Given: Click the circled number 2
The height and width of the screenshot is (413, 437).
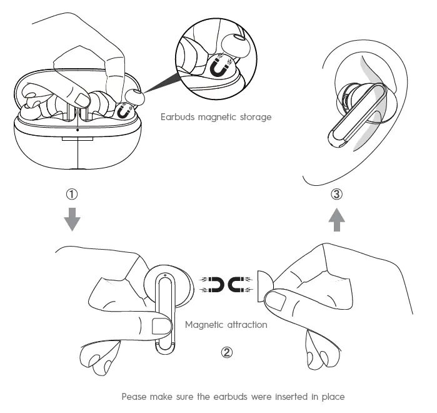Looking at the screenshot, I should tap(227, 352).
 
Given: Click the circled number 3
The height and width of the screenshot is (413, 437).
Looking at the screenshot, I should tap(336, 194).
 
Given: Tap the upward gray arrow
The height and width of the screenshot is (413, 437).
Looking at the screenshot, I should tap(336, 220).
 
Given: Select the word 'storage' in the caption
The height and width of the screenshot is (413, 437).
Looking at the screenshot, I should tap(253, 117).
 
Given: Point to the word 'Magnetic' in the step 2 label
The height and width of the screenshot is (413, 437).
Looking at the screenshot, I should tap(204, 325).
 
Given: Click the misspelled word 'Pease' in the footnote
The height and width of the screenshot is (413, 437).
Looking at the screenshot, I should tap(134, 396).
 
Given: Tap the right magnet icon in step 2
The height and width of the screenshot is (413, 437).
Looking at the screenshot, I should tap(238, 285).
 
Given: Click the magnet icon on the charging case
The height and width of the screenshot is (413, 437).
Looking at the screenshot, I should tap(124, 111).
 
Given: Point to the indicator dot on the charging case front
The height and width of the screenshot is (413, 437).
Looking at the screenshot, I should tap(76, 130).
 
